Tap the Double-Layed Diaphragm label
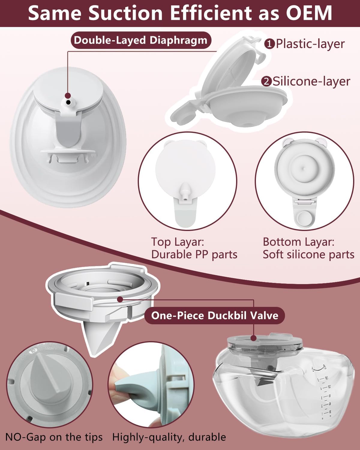point(141,40)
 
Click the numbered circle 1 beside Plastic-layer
point(269,44)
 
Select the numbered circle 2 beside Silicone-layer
point(266,81)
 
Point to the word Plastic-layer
point(310,44)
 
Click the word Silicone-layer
point(311,81)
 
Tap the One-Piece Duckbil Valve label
point(214,315)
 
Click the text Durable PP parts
point(194,254)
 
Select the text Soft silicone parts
point(308,254)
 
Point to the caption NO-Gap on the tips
point(54,437)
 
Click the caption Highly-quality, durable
point(169,437)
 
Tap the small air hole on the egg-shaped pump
point(68,102)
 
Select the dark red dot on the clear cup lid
point(254,338)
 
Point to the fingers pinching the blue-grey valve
point(118,387)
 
